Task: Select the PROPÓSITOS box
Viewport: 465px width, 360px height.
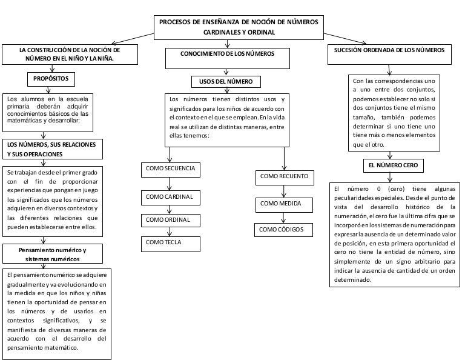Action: (x=51, y=79)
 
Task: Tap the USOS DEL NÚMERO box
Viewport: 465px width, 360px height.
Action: (x=226, y=81)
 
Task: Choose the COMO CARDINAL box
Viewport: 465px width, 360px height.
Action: (x=170, y=198)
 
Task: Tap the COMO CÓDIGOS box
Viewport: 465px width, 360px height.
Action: (x=285, y=230)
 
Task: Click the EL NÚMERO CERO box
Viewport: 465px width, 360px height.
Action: (x=391, y=165)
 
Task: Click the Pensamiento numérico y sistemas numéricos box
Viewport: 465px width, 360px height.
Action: (x=53, y=254)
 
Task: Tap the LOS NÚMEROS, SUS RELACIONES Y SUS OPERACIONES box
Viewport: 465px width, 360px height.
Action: (x=52, y=149)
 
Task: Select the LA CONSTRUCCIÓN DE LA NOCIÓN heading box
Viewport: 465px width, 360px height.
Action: (x=69, y=55)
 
